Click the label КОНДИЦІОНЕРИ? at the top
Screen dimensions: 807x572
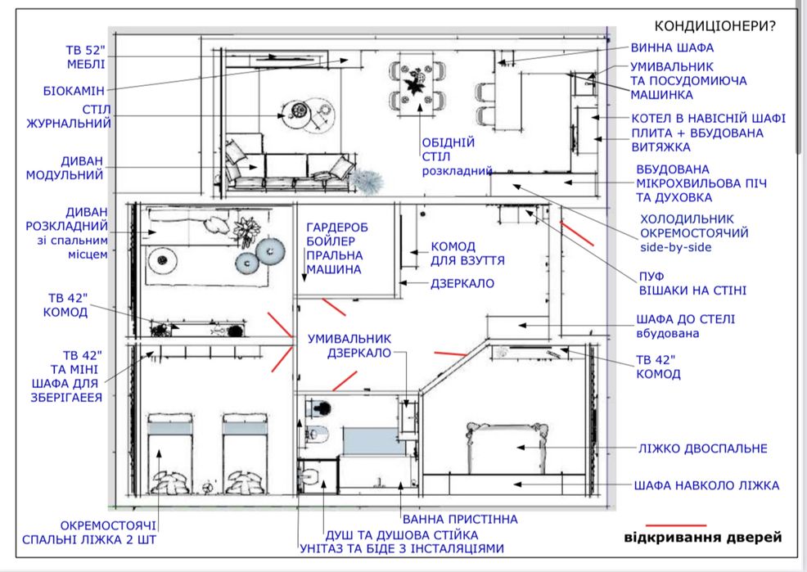pos(715,25)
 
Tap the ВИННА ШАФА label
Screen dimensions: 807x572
pos(672,47)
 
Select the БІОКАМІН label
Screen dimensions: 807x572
pos(74,91)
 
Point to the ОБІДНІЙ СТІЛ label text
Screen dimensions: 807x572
pos(448,149)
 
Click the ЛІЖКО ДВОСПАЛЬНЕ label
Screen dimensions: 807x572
pos(702,448)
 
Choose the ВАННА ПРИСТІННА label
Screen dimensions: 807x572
pos(460,519)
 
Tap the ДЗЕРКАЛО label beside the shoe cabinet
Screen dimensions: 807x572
pos(462,283)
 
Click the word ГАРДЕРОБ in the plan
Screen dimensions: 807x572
pos(337,227)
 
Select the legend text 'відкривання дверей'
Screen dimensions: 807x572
pos(702,538)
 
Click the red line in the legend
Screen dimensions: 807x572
pos(676,525)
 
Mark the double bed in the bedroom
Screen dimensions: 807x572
pos(507,447)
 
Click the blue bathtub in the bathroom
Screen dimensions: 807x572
pos(374,441)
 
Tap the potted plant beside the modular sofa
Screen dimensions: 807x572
pos(367,181)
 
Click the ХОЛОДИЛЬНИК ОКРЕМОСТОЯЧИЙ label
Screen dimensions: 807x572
pos(694,226)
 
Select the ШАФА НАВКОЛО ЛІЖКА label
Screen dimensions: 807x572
pos(706,485)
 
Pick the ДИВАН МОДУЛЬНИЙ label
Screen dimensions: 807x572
pos(65,168)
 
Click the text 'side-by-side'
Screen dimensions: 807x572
pos(675,247)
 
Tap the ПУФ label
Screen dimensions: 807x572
pos(651,277)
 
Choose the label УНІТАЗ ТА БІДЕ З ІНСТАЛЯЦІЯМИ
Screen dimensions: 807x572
pos(402,549)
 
